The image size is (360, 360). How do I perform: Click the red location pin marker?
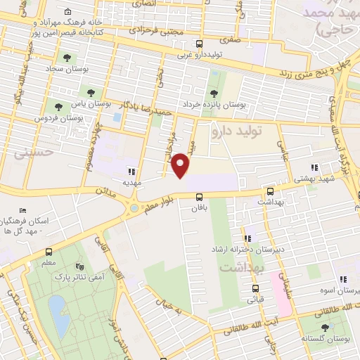point(181,165)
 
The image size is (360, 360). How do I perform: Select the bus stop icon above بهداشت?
point(270,191)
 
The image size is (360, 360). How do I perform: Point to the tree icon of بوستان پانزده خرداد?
point(214,94)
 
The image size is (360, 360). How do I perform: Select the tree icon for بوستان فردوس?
point(58,107)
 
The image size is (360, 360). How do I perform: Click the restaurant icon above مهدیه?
point(130,171)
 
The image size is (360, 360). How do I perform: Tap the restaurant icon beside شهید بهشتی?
point(314,167)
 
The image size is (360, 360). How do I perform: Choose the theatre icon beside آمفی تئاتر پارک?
point(79,267)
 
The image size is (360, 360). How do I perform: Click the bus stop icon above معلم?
point(49,252)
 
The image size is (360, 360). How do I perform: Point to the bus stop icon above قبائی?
point(255,288)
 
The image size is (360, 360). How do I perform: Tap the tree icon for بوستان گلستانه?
point(325,328)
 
